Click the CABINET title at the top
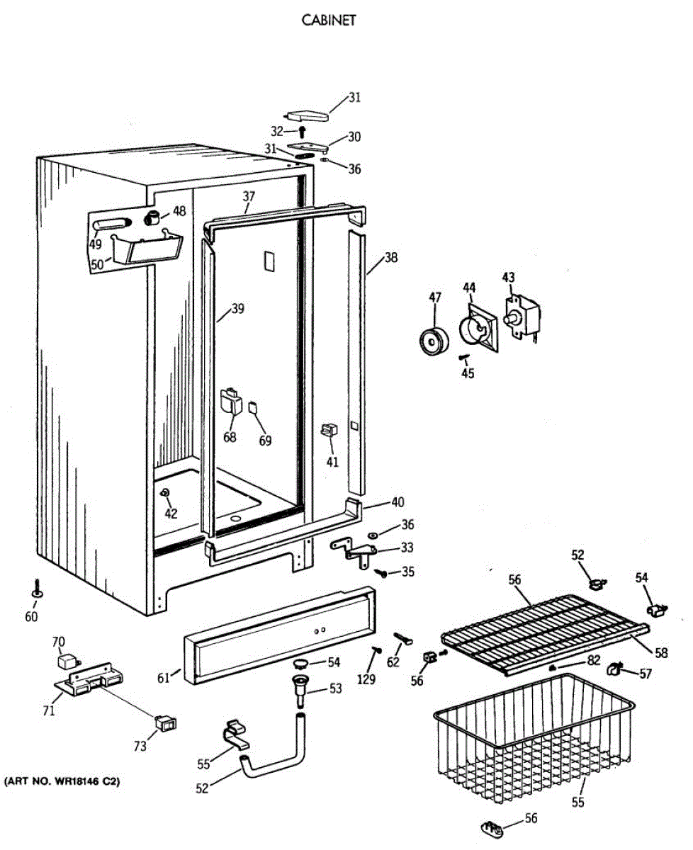329,21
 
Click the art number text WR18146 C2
62,782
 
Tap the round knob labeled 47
429,343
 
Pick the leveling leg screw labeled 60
35,589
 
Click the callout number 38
391,258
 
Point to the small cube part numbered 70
67,662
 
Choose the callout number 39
237,309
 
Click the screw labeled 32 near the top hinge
302,132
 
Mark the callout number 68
230,438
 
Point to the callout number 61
164,679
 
